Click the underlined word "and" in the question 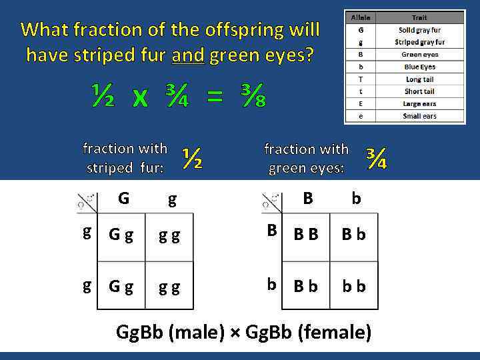[189, 55]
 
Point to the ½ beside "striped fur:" [192, 158]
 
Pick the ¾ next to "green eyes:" [376, 157]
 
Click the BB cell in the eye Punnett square [306, 234]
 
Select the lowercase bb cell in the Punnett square [354, 285]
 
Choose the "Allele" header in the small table [360, 18]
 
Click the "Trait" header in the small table [420, 18]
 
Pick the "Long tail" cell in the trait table [420, 79]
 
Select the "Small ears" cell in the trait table [420, 116]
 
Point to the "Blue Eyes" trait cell [420, 67]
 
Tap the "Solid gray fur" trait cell [420, 30]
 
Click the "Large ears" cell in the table [420, 104]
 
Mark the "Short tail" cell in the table [420, 91]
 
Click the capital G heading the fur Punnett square [123, 198]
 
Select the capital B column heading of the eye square [307, 198]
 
